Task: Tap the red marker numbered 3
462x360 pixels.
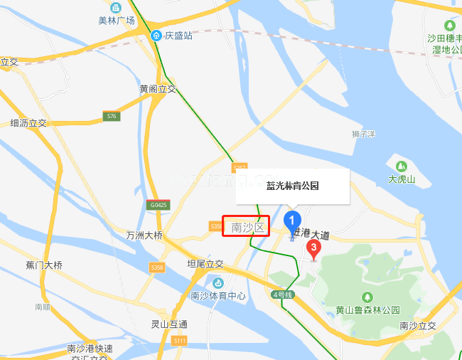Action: [x=313, y=248]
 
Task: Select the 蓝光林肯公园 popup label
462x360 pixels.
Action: [x=292, y=186]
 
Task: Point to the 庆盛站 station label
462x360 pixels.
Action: [x=178, y=35]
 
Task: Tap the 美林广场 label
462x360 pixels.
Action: [x=117, y=20]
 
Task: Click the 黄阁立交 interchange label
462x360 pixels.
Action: [x=158, y=89]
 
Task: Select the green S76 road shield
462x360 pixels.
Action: [x=110, y=115]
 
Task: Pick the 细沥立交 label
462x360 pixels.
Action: [x=28, y=123]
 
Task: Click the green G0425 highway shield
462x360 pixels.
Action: [x=159, y=205]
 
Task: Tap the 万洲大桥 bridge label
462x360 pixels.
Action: [x=144, y=235]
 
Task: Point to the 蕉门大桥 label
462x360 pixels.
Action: [x=44, y=265]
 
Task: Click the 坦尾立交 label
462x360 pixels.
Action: [x=205, y=264]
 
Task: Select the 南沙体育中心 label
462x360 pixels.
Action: [x=218, y=296]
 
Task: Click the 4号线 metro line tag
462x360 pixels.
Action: [x=282, y=294]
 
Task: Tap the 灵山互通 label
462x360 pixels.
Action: [x=169, y=324]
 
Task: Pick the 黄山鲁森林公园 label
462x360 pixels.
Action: [x=368, y=310]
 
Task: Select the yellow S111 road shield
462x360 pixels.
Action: [x=180, y=341]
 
